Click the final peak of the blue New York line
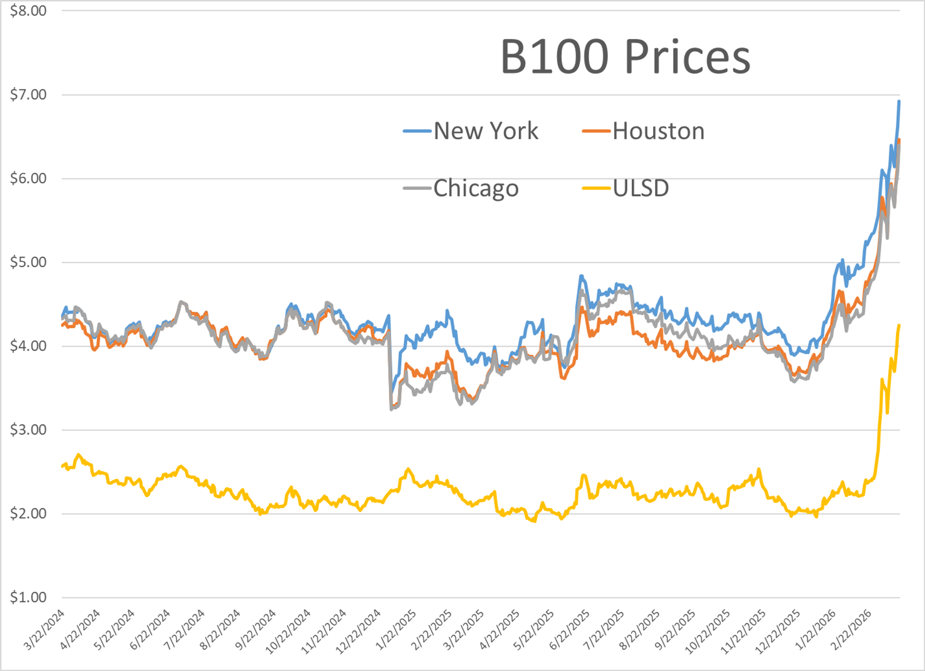tap(899, 101)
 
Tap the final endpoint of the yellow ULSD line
tap(899, 325)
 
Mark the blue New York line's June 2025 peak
tap(581, 276)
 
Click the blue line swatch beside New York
tap(417, 131)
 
